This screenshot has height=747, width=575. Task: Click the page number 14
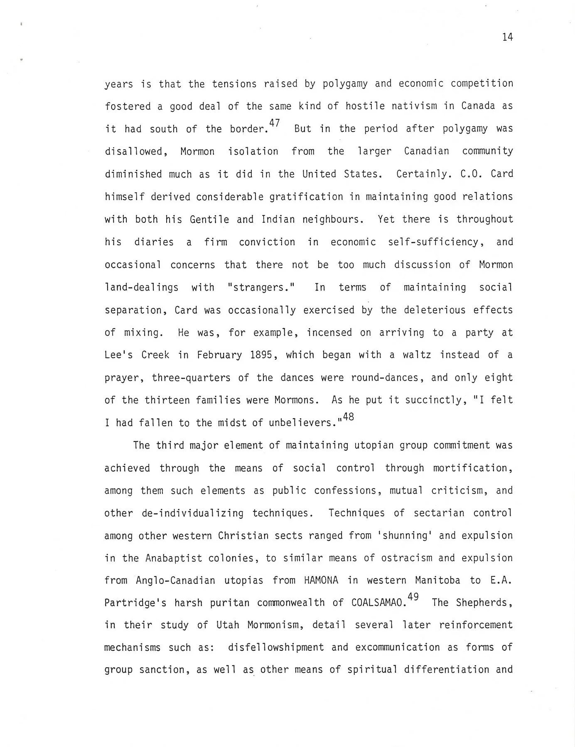click(507, 37)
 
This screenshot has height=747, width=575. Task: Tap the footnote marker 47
click(275, 123)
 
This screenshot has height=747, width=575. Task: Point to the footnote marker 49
click(413, 597)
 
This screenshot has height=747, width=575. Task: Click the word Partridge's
click(135, 603)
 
